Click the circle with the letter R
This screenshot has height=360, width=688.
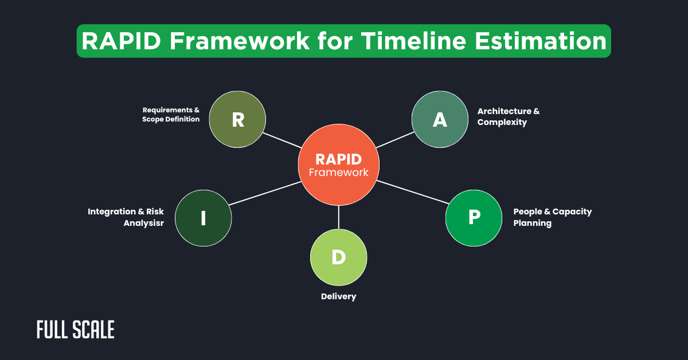click(x=237, y=119)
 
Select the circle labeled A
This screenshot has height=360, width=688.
click(x=440, y=119)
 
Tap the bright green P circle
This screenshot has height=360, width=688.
click(x=474, y=217)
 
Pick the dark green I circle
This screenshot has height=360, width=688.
click(x=203, y=218)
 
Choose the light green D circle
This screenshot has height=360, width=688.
click(x=338, y=257)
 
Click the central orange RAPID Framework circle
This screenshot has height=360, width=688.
click(x=338, y=165)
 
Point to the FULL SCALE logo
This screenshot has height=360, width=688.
click(x=75, y=330)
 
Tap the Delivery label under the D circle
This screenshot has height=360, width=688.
click(x=338, y=296)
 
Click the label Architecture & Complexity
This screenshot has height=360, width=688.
click(x=509, y=116)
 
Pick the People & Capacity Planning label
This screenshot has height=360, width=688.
click(x=552, y=217)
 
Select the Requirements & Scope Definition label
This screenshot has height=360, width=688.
click(x=171, y=114)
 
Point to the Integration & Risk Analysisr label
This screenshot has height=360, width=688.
click(x=126, y=217)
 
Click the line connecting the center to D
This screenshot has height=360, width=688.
click(x=339, y=217)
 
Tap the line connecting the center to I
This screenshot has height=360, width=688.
click(x=265, y=193)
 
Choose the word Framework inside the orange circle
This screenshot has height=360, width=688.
click(x=338, y=172)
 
